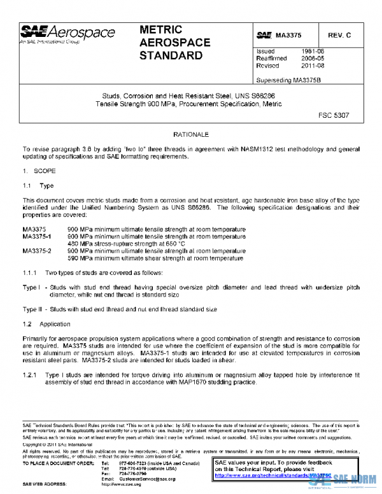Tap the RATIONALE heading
pyautogui.click(x=190, y=135)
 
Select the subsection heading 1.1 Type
pyautogui.click(x=38, y=185)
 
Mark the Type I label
pyautogui.click(x=32, y=288)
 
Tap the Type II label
pyautogui.click(x=32, y=309)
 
